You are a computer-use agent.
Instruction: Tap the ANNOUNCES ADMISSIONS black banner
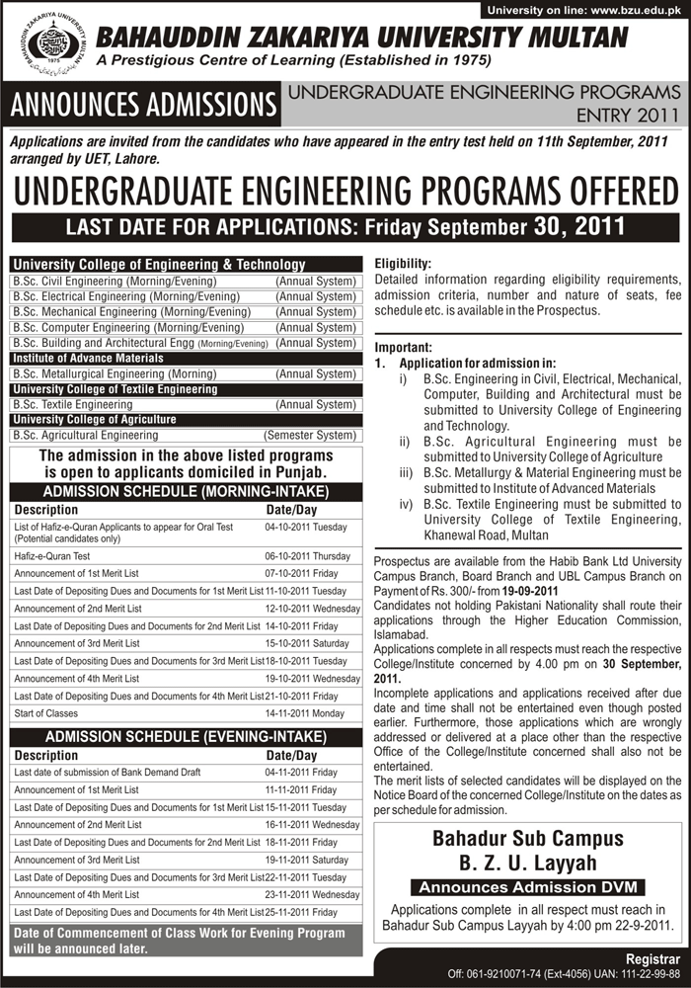click(x=143, y=104)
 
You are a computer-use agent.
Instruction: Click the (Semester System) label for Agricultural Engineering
click(x=309, y=435)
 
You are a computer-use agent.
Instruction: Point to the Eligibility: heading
click(x=404, y=265)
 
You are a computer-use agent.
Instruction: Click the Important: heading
click(x=404, y=348)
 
